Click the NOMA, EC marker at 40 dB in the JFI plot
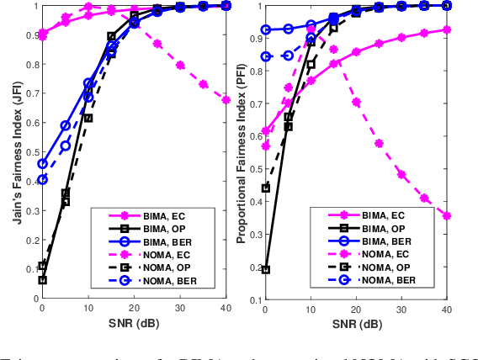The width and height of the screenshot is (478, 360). [x=226, y=100]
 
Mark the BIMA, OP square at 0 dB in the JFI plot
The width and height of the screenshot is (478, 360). [x=42, y=280]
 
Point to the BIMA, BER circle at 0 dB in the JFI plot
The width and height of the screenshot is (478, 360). [x=42, y=164]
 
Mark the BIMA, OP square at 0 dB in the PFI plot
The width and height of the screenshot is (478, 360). [x=266, y=270]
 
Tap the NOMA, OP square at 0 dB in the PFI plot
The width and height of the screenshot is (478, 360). [x=266, y=188]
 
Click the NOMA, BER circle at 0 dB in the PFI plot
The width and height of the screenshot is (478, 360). [x=266, y=56]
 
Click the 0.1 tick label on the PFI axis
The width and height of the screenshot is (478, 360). [x=257, y=299]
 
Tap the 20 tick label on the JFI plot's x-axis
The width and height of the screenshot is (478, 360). [x=134, y=309]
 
